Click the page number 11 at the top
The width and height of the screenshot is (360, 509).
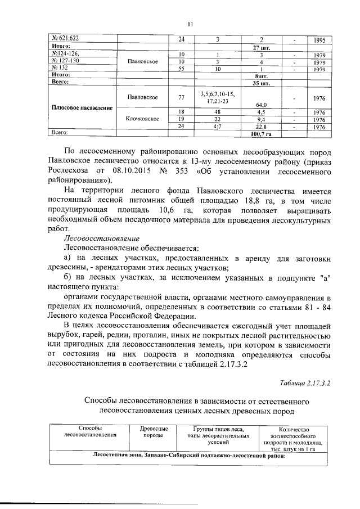[x=190, y=24]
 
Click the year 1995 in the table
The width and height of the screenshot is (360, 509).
[x=319, y=39]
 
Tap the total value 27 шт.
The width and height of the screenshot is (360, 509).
[x=262, y=47]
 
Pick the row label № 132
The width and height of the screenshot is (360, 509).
[x=60, y=67]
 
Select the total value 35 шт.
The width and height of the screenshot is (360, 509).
[x=262, y=82]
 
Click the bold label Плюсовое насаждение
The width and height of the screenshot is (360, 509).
[x=79, y=108]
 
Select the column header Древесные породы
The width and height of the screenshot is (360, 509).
[x=153, y=431]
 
